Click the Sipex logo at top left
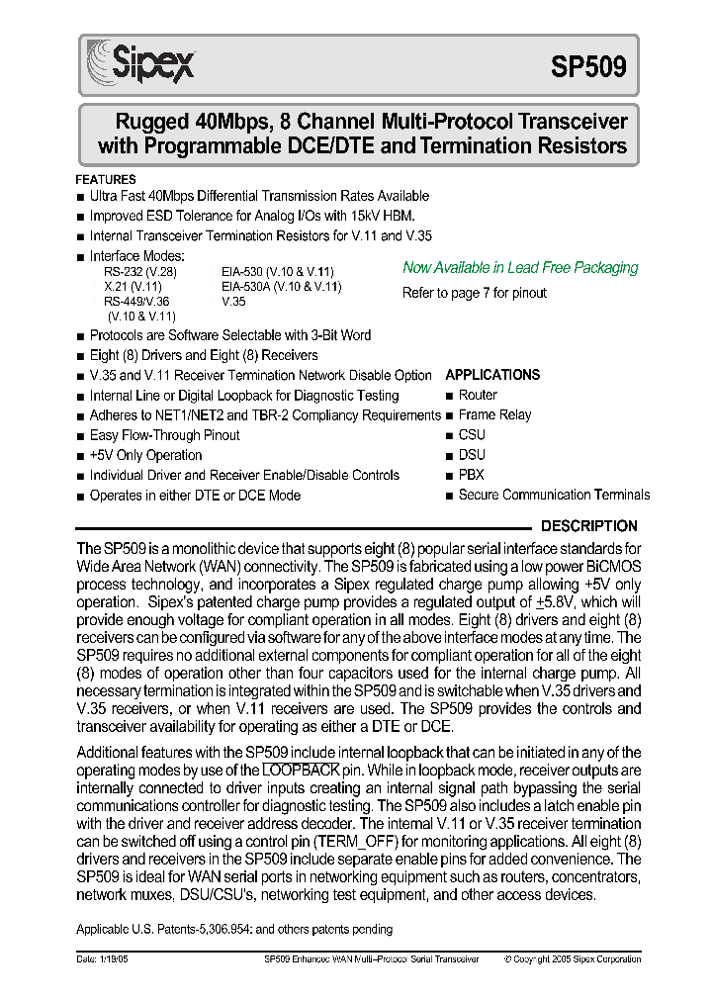pos(140,62)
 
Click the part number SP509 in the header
pos(587,67)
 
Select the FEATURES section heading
pos(106,180)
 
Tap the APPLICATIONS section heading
pos(492,375)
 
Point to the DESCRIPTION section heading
pos(589,526)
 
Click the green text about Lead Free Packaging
pos(520,267)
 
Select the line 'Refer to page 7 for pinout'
pos(474,293)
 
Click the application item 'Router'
pos(478,395)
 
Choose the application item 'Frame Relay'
pos(494,415)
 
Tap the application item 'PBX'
pos(471,475)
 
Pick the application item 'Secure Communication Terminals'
pos(554,495)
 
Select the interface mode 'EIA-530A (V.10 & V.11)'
pos(281,286)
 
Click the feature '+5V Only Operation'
pos(145,455)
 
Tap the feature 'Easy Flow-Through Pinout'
pos(164,435)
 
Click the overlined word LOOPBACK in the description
pos(301,770)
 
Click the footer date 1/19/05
pos(100,958)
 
